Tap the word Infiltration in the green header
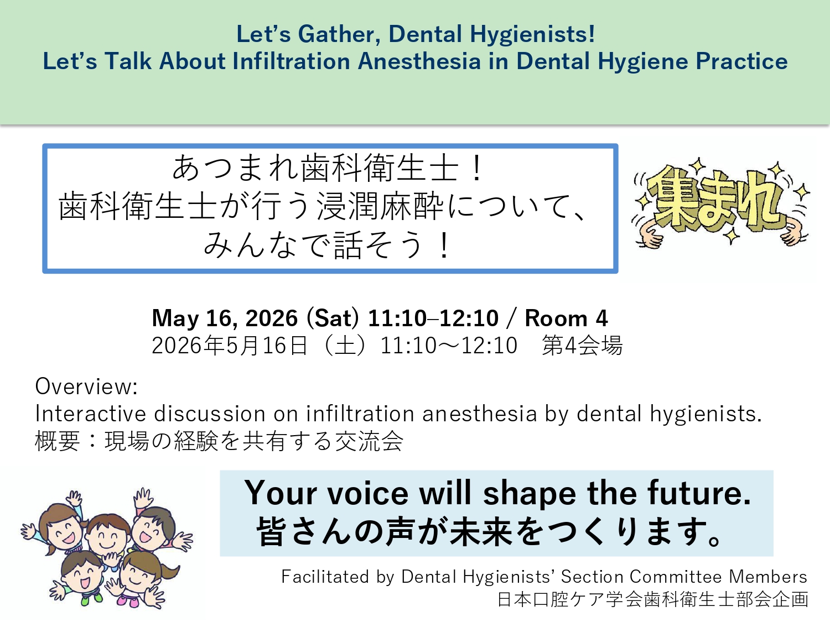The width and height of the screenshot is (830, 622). (x=291, y=61)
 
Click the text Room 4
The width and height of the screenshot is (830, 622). (x=566, y=318)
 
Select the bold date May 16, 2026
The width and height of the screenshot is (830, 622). (x=225, y=318)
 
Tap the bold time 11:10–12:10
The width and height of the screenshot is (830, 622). (x=433, y=318)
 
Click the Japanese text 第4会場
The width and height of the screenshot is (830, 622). (x=582, y=345)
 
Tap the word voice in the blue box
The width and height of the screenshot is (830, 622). (x=367, y=493)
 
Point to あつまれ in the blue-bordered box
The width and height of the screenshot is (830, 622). (x=236, y=169)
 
